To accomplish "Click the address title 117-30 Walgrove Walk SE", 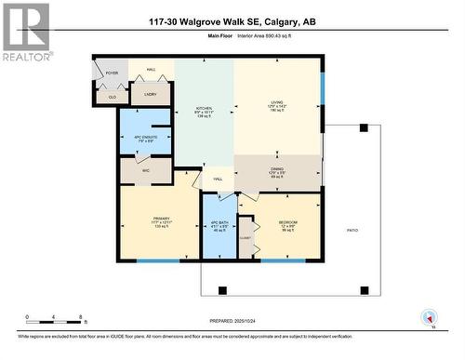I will [232, 21].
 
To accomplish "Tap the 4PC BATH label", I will [219, 225].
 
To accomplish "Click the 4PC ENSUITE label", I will [145, 139].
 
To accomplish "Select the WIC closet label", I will [145, 170].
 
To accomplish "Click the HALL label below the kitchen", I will [218, 179].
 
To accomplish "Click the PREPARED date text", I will [232, 321].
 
